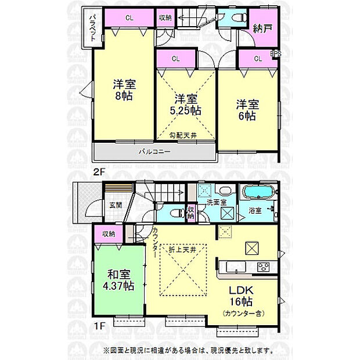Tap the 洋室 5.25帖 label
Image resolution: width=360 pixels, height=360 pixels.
point(186,104)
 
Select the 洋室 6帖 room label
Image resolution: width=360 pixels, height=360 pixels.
point(247,110)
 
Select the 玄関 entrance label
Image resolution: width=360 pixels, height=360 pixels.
point(115,204)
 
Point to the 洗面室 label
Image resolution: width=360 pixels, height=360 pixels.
point(224,202)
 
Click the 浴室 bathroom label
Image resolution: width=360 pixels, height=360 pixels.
point(255,211)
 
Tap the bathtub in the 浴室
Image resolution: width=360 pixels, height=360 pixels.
point(258,193)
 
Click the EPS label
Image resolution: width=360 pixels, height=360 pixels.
point(277,55)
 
